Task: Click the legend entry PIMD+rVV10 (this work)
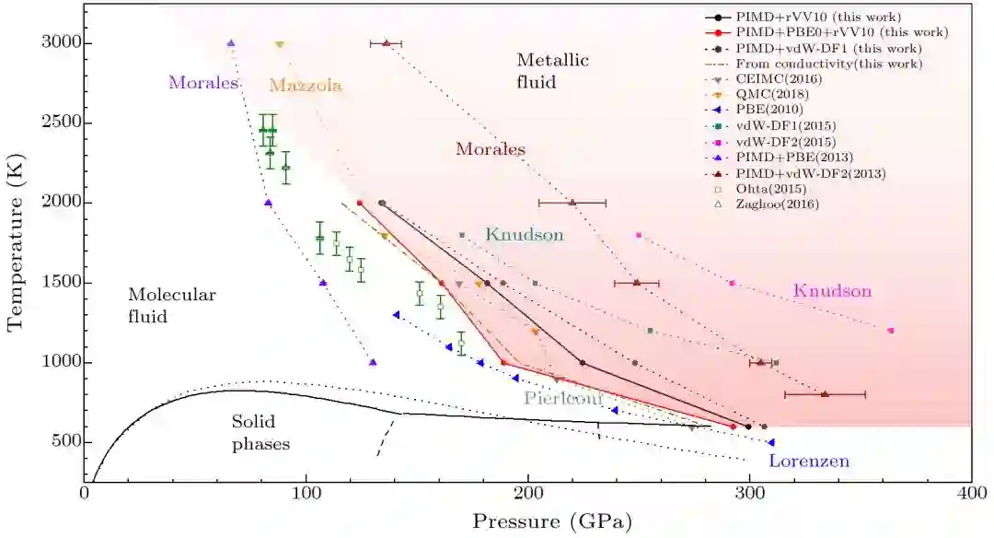click(804, 17)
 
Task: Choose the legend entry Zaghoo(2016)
click(777, 205)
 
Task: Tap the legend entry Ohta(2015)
click(772, 189)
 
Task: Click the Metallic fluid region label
click(552, 71)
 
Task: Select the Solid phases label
click(260, 432)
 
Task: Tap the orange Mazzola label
click(306, 86)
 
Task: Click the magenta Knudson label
click(832, 291)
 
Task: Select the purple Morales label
click(203, 83)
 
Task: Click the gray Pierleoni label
click(563, 398)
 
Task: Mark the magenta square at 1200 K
click(890, 330)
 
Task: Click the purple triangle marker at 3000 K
click(231, 43)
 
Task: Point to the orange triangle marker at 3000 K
click(280, 44)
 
